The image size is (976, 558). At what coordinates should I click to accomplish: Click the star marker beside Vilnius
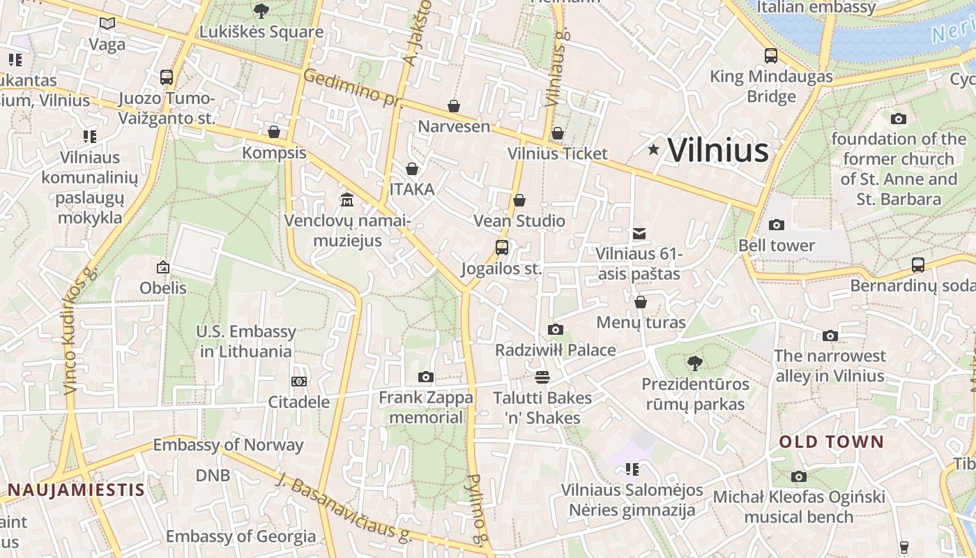pyautogui.click(x=653, y=149)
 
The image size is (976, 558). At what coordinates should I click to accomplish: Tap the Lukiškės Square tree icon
pyautogui.click(x=262, y=10)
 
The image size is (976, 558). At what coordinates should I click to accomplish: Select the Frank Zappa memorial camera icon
pyautogui.click(x=426, y=377)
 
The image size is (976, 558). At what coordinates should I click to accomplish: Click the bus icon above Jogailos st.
pyautogui.click(x=502, y=247)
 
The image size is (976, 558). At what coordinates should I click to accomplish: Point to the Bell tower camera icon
pyautogui.click(x=776, y=225)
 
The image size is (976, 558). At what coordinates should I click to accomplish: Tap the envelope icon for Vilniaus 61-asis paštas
pyautogui.click(x=639, y=234)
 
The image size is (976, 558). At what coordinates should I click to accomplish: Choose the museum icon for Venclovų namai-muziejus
pyautogui.click(x=347, y=201)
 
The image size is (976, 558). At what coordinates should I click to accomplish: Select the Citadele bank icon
pyautogui.click(x=299, y=382)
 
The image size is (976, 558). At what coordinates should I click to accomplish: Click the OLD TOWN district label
pyautogui.click(x=831, y=442)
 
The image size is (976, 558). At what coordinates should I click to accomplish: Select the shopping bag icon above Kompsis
pyautogui.click(x=274, y=132)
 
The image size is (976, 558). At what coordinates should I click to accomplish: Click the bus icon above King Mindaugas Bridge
pyautogui.click(x=771, y=56)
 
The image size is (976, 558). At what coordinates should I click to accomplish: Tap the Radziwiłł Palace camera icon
pyautogui.click(x=556, y=329)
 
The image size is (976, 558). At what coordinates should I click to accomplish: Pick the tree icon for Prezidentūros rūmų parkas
pyautogui.click(x=694, y=363)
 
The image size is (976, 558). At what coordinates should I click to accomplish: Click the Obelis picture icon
pyautogui.click(x=163, y=266)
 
